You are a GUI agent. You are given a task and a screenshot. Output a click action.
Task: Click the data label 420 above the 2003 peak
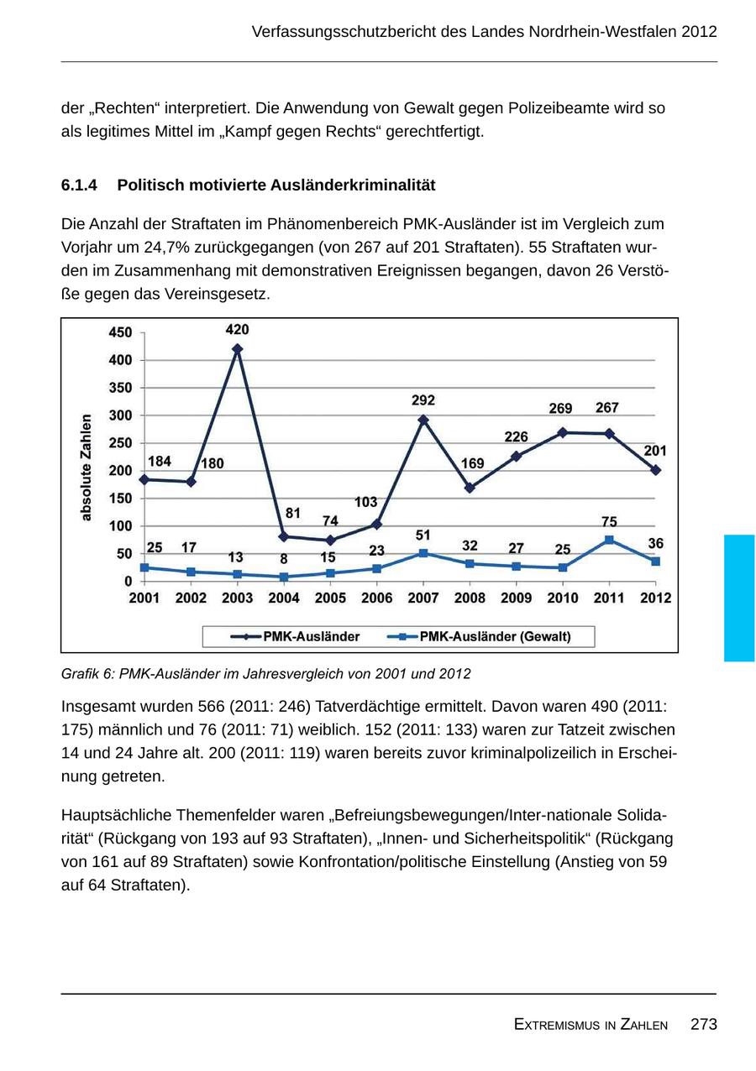(x=238, y=330)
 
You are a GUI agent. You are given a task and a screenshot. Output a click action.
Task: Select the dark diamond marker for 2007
(x=423, y=420)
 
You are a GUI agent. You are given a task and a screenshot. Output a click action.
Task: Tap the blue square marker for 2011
(x=609, y=540)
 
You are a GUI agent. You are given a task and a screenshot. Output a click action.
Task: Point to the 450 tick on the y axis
(x=120, y=332)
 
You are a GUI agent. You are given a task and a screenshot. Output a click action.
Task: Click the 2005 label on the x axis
(x=330, y=598)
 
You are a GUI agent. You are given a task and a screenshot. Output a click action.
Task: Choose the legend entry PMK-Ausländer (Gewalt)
(x=494, y=636)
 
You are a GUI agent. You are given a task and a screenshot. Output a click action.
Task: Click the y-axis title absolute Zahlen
(x=86, y=467)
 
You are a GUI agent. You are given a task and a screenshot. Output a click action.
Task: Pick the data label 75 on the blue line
(x=609, y=521)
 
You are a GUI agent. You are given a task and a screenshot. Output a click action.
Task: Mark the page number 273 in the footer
(x=703, y=1024)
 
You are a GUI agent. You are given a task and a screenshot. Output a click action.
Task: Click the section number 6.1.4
(x=79, y=185)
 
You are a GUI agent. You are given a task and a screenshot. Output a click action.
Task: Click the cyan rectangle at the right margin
(x=739, y=598)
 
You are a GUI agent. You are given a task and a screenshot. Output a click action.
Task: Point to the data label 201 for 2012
(x=655, y=451)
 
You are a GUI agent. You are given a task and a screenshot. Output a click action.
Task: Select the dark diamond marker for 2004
(x=284, y=536)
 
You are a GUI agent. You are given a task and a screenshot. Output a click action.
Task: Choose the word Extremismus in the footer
(x=550, y=1025)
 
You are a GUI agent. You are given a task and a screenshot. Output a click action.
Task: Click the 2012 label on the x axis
(x=655, y=598)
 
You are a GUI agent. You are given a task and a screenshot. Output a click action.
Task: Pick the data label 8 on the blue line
(x=284, y=558)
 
